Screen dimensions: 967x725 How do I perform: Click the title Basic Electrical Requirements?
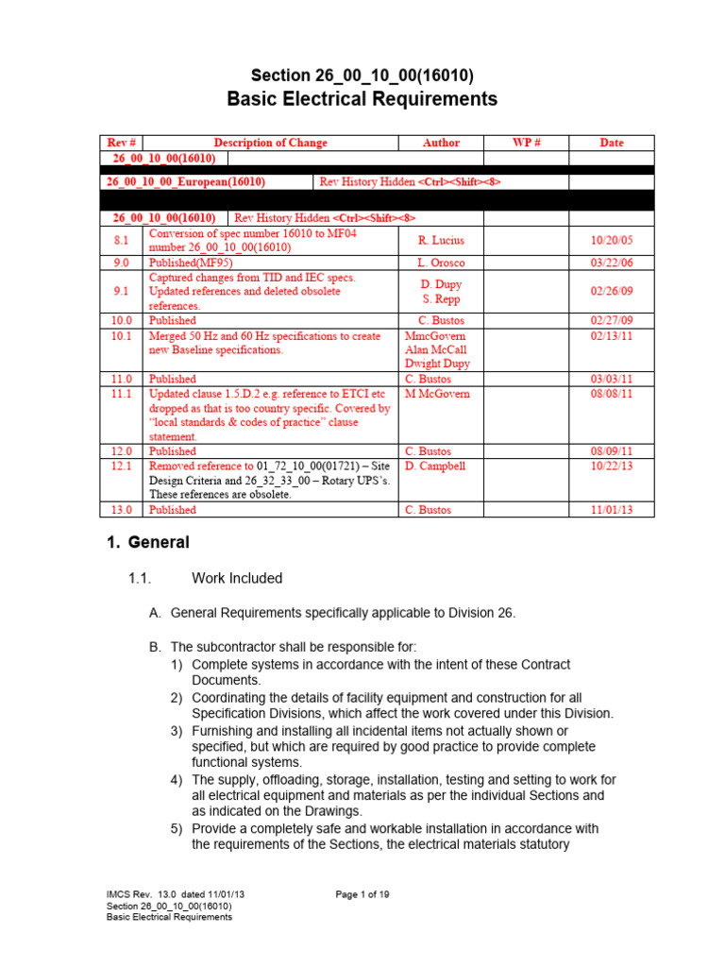(x=362, y=99)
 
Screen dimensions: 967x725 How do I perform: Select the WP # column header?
(x=526, y=143)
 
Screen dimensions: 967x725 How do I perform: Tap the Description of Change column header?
(x=270, y=143)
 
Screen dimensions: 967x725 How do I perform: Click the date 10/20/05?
(x=612, y=241)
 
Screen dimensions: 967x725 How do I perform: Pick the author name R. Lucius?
(x=441, y=241)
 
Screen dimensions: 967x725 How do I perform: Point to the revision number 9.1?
(x=121, y=292)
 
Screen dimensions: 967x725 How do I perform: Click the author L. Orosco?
(x=441, y=263)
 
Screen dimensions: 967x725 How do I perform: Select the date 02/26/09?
(x=612, y=292)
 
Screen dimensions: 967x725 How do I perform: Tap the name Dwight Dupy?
(x=437, y=364)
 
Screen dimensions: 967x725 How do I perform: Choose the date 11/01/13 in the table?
(x=612, y=510)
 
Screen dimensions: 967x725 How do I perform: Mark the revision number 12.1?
(x=121, y=466)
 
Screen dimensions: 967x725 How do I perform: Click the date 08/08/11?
(x=612, y=393)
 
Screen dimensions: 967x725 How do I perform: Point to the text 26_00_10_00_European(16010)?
(x=185, y=180)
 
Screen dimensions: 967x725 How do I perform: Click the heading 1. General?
(x=146, y=543)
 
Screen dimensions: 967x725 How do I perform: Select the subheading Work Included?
(x=236, y=578)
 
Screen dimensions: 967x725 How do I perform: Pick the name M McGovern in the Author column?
(x=437, y=393)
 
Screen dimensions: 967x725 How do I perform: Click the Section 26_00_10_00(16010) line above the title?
(x=362, y=75)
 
